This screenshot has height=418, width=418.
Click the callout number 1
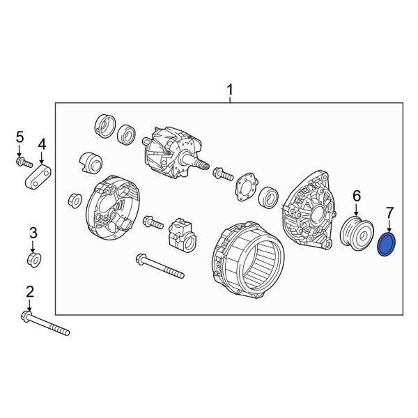(x=230, y=90)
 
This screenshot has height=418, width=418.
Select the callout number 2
(x=29, y=291)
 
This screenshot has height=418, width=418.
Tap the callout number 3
(x=31, y=232)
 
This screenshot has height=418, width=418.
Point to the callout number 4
(x=42, y=144)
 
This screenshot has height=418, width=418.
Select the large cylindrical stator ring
(x=248, y=260)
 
